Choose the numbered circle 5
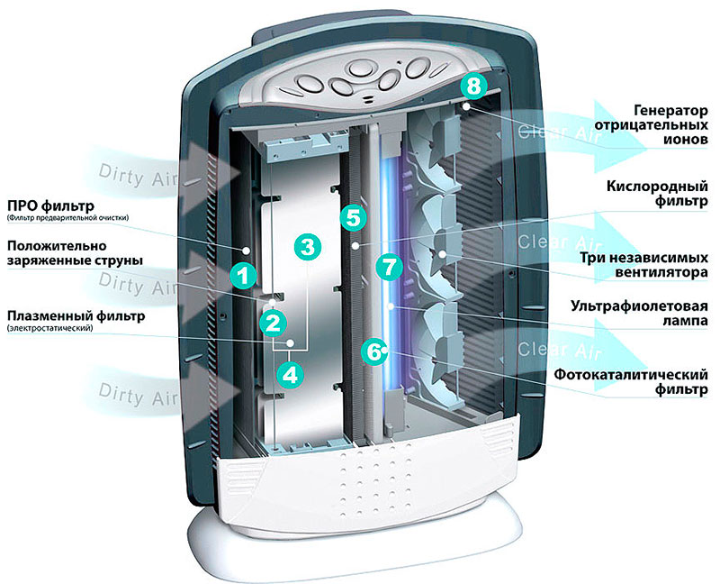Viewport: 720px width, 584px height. [x=354, y=217]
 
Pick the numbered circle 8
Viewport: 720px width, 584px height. [x=474, y=86]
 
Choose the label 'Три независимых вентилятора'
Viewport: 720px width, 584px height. [x=649, y=262]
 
